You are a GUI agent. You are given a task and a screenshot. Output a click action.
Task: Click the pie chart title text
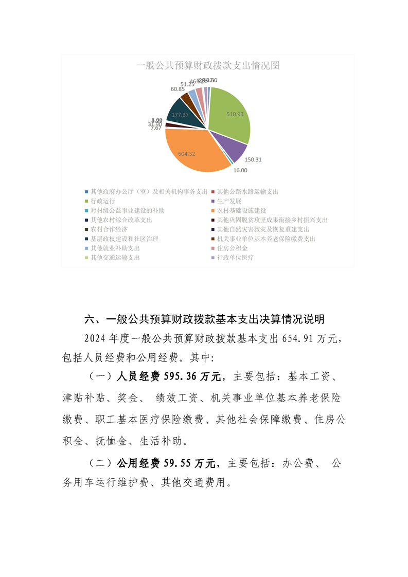coord(207,66)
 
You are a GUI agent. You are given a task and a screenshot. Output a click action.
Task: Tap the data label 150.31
coord(253,159)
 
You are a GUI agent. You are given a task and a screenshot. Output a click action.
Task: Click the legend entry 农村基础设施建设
coord(241,210)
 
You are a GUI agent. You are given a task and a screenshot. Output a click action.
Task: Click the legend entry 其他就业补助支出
coord(115,248)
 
